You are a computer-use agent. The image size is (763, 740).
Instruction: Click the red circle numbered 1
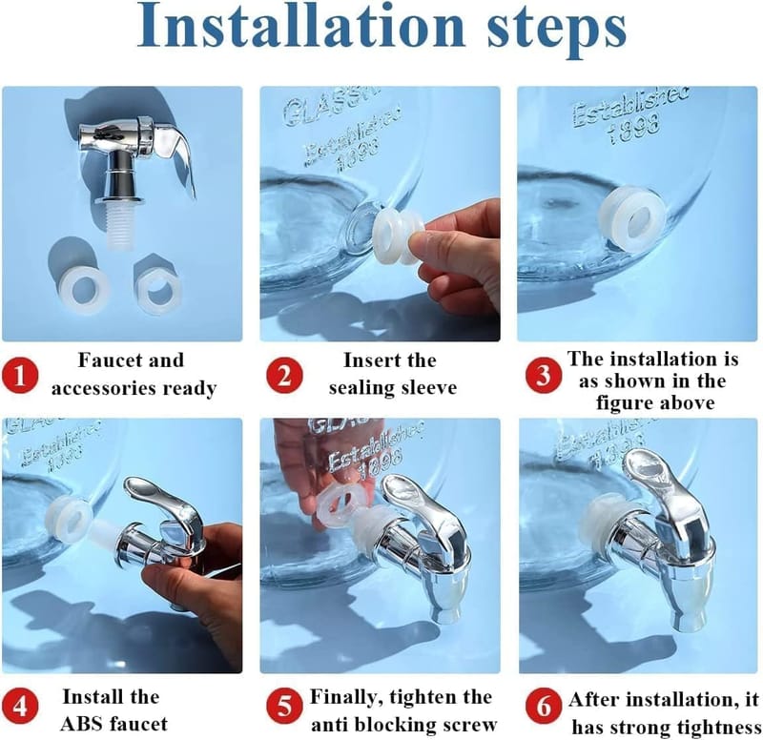19,376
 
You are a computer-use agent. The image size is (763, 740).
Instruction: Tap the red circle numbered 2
284,376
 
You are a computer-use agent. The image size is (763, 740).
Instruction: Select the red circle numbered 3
544,375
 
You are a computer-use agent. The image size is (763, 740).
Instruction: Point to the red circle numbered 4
19,706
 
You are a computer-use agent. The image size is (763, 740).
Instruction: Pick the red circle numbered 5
284,706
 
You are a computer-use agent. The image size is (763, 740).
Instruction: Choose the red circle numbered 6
544,706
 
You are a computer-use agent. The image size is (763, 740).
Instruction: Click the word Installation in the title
300,26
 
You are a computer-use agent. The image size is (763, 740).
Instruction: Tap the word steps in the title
556,31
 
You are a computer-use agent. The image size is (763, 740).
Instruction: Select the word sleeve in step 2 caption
428,388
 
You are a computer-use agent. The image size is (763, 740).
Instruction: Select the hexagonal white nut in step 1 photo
157,290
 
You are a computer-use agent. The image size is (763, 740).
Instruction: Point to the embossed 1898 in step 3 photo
633,128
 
